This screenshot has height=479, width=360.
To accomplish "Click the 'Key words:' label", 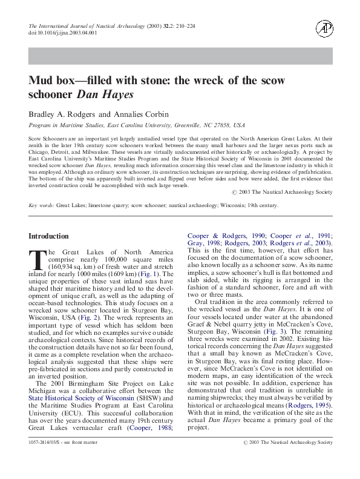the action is pos(42,206).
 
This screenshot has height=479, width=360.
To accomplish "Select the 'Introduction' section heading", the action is pos(49,236).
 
